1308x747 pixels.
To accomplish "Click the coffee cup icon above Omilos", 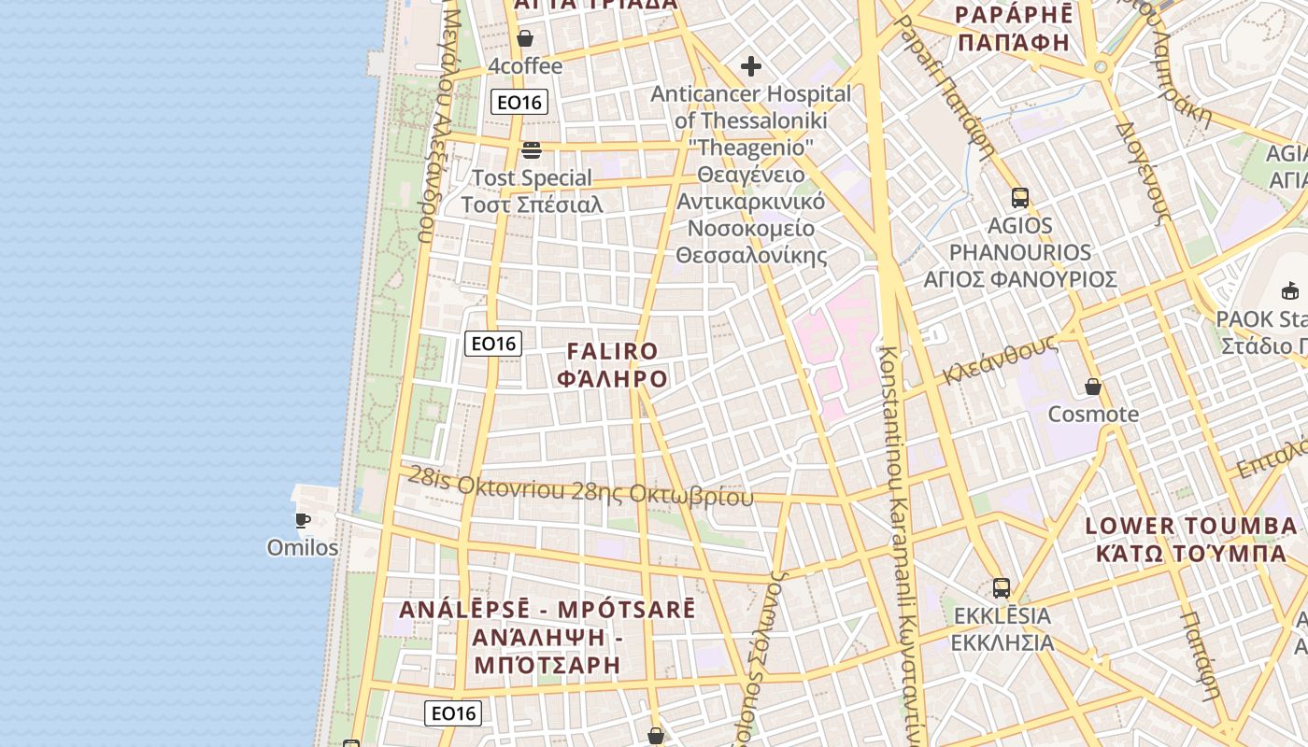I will click(302, 520).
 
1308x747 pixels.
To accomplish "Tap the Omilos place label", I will click(303, 547).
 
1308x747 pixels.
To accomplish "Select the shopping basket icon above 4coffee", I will click(525, 38).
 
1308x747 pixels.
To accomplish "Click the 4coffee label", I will click(525, 66).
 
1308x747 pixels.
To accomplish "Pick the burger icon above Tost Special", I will click(532, 150).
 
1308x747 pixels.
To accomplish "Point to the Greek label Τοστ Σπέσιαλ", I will click(532, 204).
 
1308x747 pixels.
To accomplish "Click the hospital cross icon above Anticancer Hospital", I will click(750, 66).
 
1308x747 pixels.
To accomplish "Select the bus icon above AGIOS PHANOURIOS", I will click(1019, 198).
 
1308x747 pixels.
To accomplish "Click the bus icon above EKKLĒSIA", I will click(1002, 588).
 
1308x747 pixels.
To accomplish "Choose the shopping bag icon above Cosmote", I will click(1093, 387).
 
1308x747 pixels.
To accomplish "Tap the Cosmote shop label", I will click(1093, 414).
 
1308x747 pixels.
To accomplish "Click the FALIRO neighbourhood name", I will click(613, 351).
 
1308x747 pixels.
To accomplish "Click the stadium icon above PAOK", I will click(1290, 290).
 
